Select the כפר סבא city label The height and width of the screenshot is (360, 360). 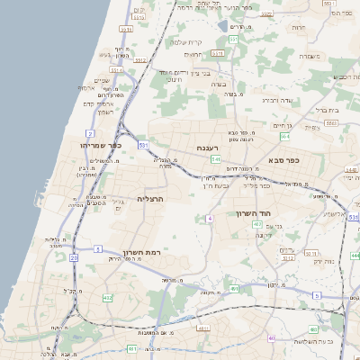pos(283,159)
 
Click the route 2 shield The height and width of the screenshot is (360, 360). pos(90,133)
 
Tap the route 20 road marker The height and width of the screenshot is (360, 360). pos(74,257)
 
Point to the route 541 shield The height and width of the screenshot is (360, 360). pos(216,158)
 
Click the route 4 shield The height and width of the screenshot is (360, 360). pos(210,219)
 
